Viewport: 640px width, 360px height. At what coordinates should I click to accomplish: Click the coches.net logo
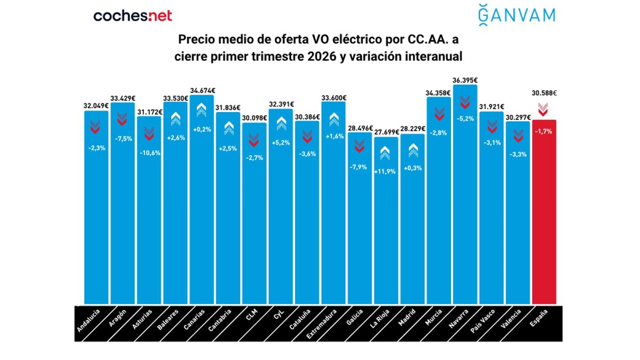click(x=133, y=15)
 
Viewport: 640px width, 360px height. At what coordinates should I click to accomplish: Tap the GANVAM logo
click(x=516, y=14)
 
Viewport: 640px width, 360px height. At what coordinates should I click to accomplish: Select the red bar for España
click(x=544, y=213)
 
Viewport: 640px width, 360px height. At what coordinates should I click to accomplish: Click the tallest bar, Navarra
click(x=465, y=213)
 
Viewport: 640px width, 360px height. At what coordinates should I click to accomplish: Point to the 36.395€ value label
click(x=465, y=80)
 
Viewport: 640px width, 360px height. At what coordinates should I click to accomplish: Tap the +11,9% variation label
click(x=386, y=172)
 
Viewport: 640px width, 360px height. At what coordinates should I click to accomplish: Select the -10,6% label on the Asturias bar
click(x=149, y=152)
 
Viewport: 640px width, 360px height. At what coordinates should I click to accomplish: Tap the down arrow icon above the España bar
click(x=543, y=109)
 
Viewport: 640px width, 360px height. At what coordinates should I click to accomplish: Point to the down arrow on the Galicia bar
click(x=359, y=146)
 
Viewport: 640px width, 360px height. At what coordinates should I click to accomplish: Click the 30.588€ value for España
click(x=544, y=93)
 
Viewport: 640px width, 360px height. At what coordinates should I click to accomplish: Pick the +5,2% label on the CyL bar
click(x=281, y=143)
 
